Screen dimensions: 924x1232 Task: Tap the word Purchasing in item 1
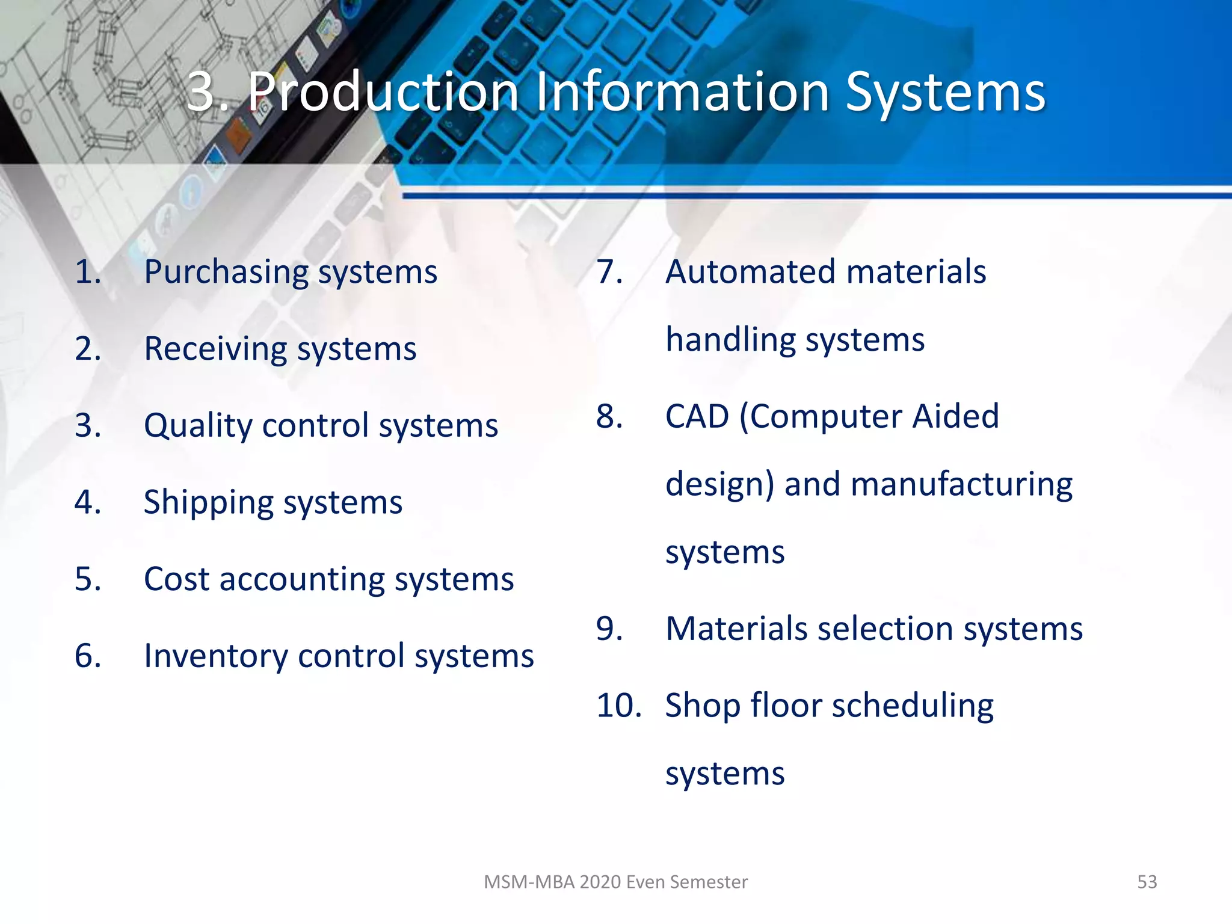coord(226,273)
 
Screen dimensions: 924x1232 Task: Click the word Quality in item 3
coord(198,426)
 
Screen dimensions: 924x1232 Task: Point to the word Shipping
coord(208,503)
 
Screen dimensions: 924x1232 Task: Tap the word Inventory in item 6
coord(215,656)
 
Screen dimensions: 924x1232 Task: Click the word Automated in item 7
coord(750,272)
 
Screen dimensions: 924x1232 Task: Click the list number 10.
coord(618,706)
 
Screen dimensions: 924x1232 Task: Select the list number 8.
coord(609,416)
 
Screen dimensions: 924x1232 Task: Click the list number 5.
coord(88,579)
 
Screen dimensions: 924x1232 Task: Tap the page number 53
coord(1147,882)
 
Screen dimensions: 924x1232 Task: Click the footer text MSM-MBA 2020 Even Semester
coord(615,882)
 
